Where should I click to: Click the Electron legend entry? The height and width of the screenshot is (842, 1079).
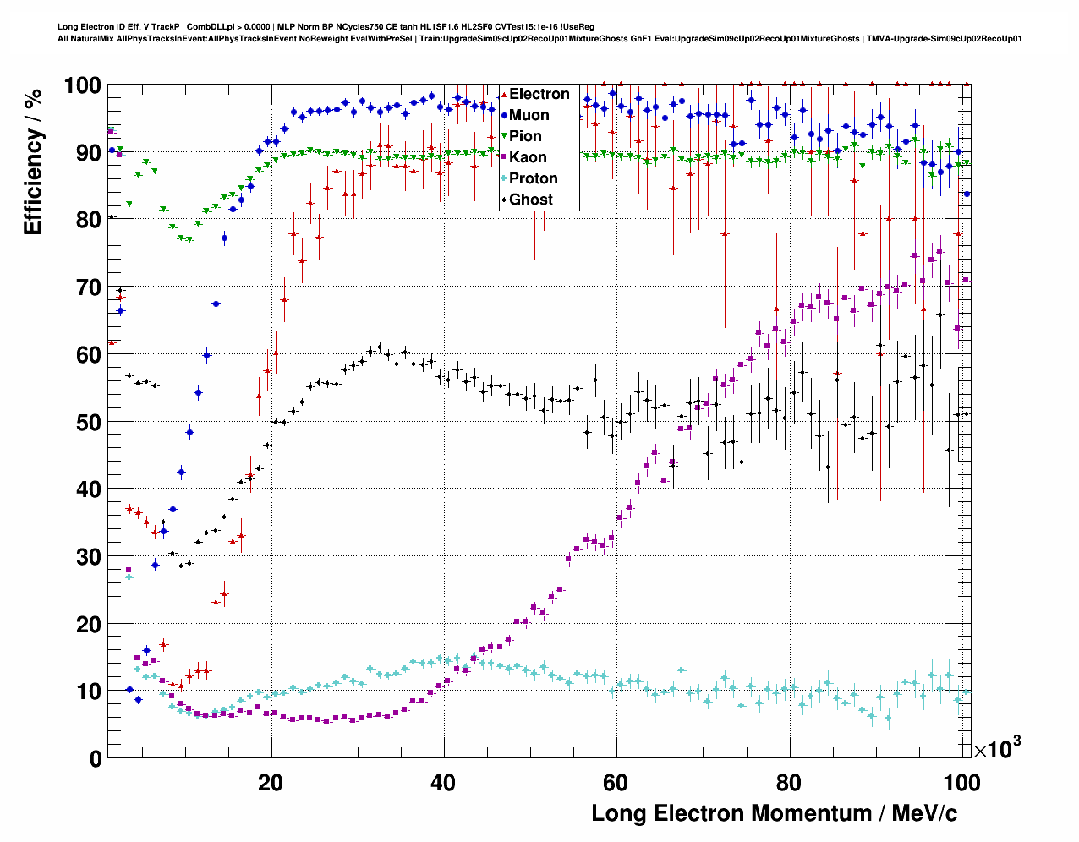pyautogui.click(x=539, y=94)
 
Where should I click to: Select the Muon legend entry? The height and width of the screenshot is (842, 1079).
pyautogui.click(x=529, y=115)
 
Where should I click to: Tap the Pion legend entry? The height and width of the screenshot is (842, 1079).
pyautogui.click(x=525, y=136)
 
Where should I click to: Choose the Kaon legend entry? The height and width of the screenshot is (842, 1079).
pyautogui.click(x=528, y=157)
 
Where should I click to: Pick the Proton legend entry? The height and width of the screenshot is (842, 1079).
pyautogui.click(x=533, y=178)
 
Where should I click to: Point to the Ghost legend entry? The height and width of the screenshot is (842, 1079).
pyautogui.click(x=530, y=200)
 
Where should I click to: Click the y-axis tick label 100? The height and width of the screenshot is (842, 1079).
pyautogui.click(x=82, y=85)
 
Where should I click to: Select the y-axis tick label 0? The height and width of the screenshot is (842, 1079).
pyautogui.click(x=96, y=758)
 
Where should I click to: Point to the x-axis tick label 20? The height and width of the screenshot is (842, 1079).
pyautogui.click(x=271, y=783)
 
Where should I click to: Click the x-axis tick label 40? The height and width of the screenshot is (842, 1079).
pyautogui.click(x=443, y=783)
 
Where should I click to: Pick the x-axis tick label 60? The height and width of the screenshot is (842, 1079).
pyautogui.click(x=616, y=783)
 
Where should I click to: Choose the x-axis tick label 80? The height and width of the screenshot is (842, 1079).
pyautogui.click(x=789, y=783)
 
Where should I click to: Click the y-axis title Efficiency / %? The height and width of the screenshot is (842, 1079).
pyautogui.click(x=33, y=161)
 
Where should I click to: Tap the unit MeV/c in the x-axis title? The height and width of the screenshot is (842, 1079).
pyautogui.click(x=919, y=813)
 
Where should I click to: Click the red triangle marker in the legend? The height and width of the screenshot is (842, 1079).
pyautogui.click(x=504, y=95)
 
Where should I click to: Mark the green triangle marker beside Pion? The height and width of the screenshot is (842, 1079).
pyautogui.click(x=504, y=137)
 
